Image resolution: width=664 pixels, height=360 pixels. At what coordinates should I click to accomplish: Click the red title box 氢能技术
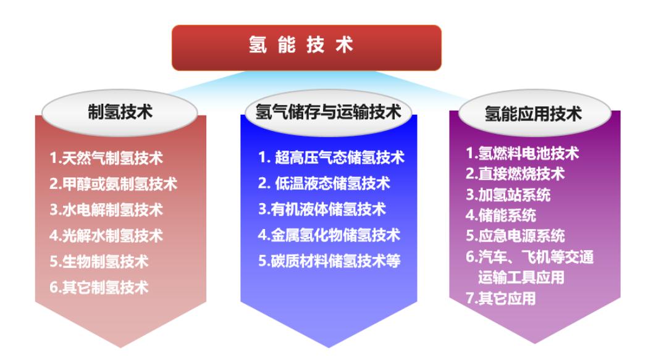[306, 47]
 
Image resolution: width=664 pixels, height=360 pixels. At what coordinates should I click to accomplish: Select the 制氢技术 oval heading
[120, 112]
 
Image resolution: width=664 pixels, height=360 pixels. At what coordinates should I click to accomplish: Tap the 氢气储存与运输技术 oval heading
[328, 112]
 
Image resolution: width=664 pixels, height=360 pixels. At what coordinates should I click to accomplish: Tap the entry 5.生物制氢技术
[99, 261]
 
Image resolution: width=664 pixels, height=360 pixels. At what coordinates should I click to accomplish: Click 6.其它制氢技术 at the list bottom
[99, 287]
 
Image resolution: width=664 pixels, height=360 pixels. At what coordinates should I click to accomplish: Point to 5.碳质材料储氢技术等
[329, 261]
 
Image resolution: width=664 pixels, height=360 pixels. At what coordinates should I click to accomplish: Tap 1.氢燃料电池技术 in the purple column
[522, 154]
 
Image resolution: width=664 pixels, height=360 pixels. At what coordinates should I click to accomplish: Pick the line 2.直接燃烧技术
[515, 175]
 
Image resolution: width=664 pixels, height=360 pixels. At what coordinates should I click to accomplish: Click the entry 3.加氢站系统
[508, 196]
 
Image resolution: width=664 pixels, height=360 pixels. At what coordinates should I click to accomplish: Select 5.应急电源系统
[515, 236]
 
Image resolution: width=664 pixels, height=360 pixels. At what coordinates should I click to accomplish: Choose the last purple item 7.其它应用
[500, 299]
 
